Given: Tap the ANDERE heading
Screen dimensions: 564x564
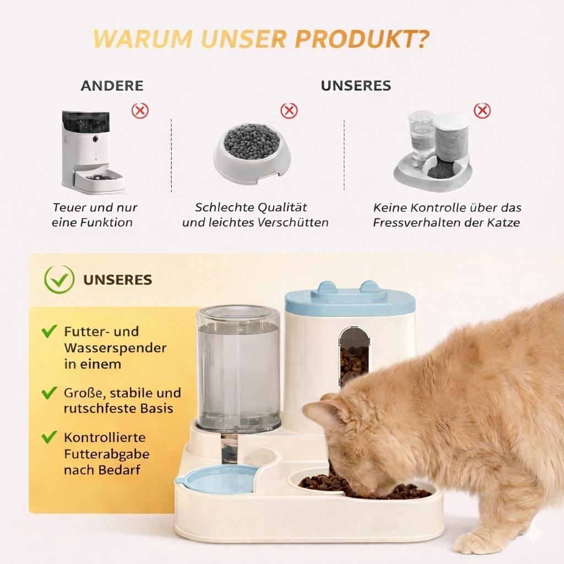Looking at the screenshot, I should coord(112,86).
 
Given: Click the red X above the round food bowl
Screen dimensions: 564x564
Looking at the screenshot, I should coord(289,111).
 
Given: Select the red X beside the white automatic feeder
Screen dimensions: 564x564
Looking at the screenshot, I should coord(140,111).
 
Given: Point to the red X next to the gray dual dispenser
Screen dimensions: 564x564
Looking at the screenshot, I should coord(482,111).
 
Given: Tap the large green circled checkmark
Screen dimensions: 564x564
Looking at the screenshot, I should coord(59,279).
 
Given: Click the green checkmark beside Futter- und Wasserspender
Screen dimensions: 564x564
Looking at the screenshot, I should coord(49,331).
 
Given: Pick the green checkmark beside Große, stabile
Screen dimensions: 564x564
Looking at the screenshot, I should coord(49,393).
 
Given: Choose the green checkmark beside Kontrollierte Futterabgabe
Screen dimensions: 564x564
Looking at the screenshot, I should coord(49,437).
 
